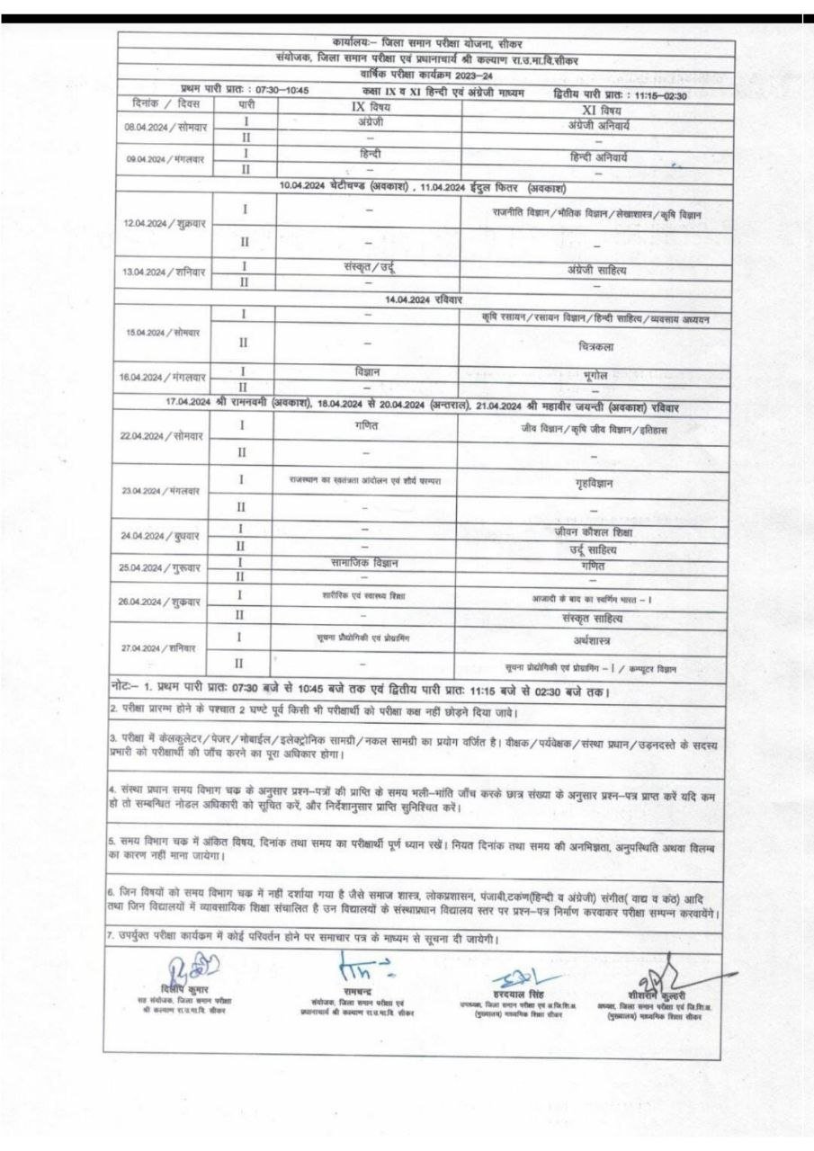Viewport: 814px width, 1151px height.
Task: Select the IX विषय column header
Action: click(369, 106)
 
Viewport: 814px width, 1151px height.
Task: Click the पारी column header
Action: click(244, 106)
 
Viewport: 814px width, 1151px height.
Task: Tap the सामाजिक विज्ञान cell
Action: click(369, 563)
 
